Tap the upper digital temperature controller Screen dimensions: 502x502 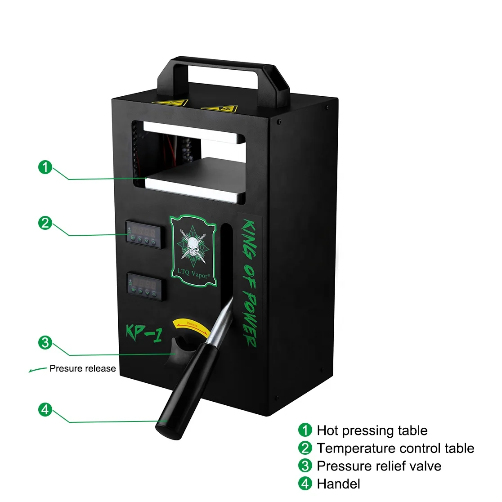pos(143,234)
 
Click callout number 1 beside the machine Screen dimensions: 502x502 pos(45,167)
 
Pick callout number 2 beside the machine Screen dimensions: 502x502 pos(45,223)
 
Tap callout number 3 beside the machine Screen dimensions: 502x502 pos(45,342)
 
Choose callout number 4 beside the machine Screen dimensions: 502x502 pos(45,410)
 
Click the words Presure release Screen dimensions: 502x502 pos(82,368)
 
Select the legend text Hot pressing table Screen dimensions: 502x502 pos(372,430)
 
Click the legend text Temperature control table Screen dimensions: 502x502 pos(395,448)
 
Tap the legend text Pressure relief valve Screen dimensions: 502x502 pos(379,466)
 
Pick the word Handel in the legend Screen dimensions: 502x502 pos(338,484)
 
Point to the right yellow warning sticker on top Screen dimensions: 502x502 pos(219,108)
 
